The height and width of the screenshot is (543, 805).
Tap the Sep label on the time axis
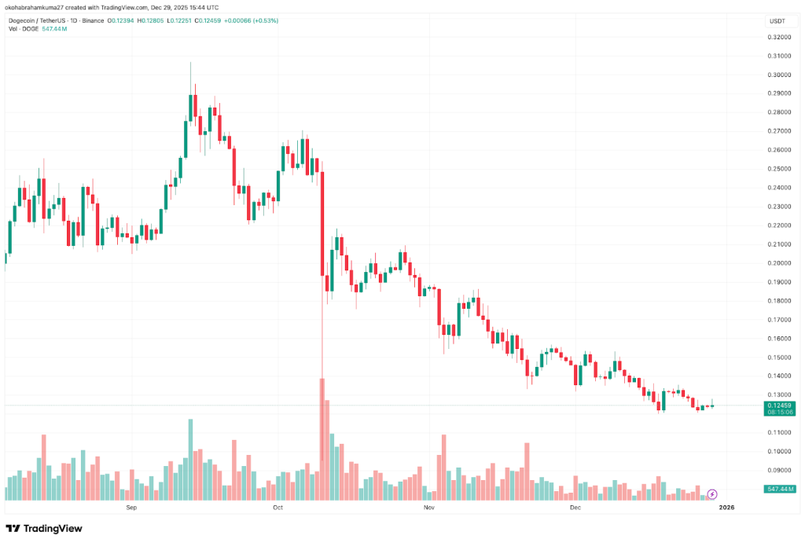point(131,508)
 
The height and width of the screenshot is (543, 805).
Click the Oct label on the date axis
point(278,508)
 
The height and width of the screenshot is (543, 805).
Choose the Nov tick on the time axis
point(428,508)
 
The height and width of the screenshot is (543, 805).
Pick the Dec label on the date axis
point(575,508)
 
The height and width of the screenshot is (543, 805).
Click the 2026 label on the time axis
point(727,508)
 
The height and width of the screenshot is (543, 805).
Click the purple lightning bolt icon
point(712,493)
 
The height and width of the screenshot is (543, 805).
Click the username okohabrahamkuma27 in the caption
point(35,7)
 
